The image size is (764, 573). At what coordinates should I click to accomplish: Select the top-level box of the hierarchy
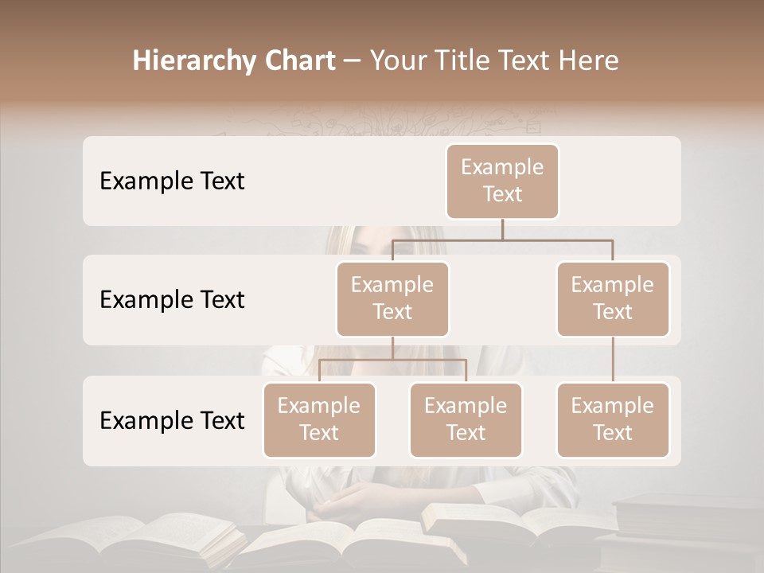point(502,181)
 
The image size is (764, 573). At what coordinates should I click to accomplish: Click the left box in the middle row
point(392,298)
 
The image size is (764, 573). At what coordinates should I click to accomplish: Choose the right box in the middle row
point(613,298)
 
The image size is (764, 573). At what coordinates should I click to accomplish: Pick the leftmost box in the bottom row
point(319,419)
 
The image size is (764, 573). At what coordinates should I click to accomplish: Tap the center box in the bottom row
point(466,419)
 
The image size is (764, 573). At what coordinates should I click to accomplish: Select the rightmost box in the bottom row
point(613,419)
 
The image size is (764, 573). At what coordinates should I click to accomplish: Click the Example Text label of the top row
point(172,181)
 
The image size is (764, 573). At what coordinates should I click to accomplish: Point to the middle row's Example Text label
point(172,299)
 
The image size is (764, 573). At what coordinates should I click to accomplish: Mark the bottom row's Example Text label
point(172,420)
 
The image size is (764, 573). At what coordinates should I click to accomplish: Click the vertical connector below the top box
point(502,229)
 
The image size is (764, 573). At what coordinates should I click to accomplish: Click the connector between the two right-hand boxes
point(613,360)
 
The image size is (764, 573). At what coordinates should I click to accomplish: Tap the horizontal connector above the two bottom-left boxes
point(392,360)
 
